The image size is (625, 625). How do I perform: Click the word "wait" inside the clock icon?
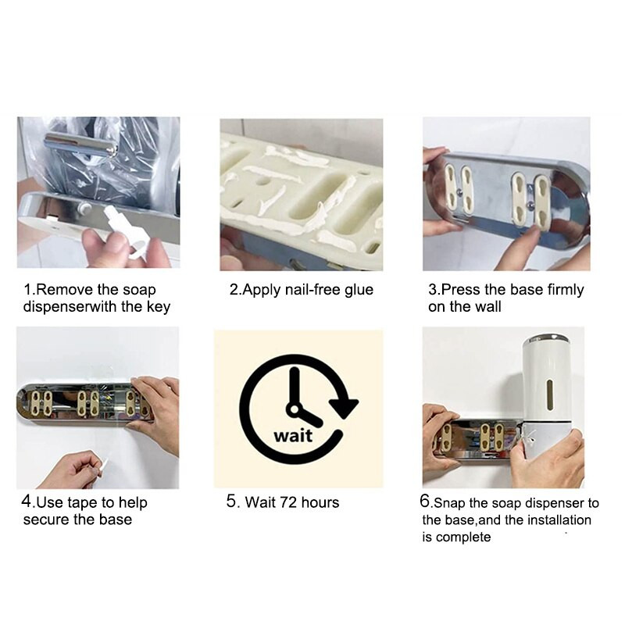click(293, 435)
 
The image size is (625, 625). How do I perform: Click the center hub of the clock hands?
click(295, 409)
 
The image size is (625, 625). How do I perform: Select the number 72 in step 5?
click(288, 502)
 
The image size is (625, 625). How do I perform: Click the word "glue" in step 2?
click(359, 290)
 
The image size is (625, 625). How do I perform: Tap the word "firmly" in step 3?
click(565, 290)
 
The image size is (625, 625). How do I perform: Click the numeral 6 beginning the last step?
click(425, 502)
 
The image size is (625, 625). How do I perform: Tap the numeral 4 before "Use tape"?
click(27, 501)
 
